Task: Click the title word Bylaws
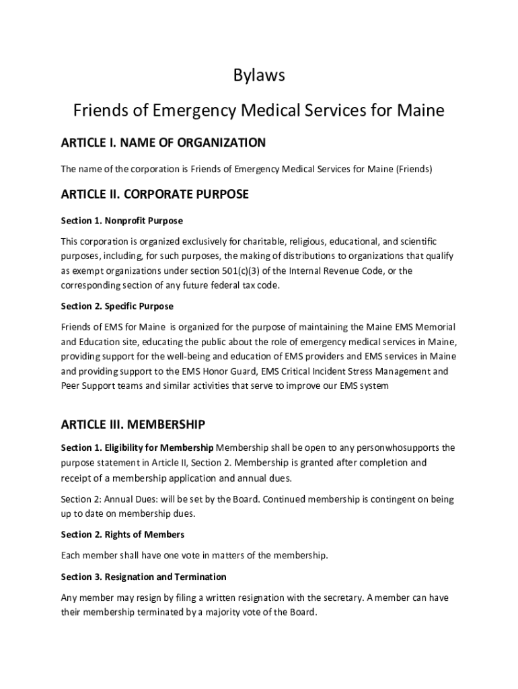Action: (259, 76)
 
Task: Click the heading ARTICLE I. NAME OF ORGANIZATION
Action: (163, 143)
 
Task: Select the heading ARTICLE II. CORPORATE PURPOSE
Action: (155, 194)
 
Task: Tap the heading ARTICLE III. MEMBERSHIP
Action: (133, 425)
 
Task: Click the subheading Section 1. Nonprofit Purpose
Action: (122, 221)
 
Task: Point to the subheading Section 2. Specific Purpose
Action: (117, 306)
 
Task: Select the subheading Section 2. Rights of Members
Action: (122, 534)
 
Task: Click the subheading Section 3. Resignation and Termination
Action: (143, 577)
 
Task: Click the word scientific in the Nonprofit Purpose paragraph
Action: (413, 241)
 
